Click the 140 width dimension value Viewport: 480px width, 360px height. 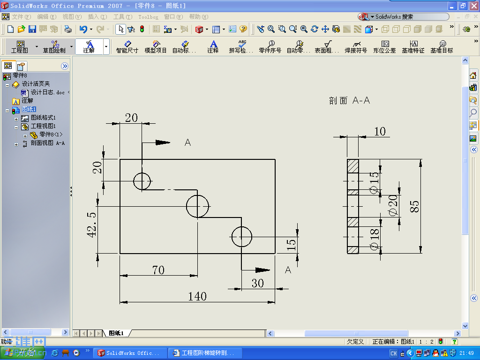coord(197,296)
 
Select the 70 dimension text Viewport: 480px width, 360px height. coord(158,270)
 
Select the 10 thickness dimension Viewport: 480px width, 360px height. coord(380,131)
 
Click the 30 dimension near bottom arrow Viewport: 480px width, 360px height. coord(258,283)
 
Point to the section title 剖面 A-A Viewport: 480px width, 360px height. coord(349,100)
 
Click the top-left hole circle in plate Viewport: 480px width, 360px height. coord(142,181)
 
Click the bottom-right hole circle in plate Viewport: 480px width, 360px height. coord(241,237)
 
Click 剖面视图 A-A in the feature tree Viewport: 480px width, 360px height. coord(47,143)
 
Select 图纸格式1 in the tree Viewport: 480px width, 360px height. coord(43,118)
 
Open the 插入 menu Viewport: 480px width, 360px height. coord(97,17)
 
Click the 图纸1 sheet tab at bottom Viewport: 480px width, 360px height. coord(116,333)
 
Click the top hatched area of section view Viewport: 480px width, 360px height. coord(352,167)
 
